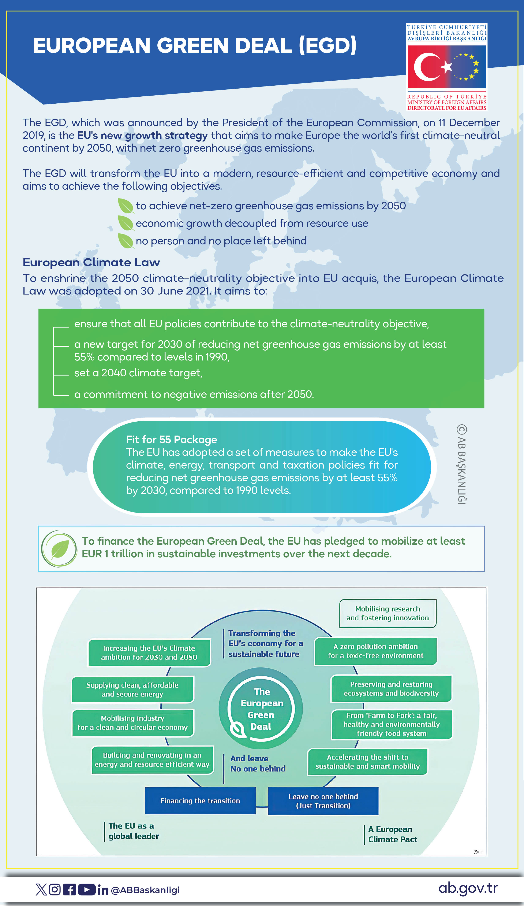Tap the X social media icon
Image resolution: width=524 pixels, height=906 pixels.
coord(41,890)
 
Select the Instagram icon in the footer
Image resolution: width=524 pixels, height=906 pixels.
coord(55,890)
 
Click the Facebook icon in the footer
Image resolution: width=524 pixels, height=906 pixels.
coord(69,890)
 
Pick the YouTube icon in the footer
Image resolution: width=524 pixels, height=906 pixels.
coord(86,890)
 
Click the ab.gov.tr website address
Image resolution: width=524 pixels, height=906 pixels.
coord(468,888)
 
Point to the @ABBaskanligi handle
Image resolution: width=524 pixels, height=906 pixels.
coord(145,890)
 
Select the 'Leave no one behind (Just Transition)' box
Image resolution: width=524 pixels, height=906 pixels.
coord(323,801)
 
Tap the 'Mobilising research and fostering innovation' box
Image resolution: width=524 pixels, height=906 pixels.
coord(388,613)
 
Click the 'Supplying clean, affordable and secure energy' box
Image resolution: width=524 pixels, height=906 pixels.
coord(133,689)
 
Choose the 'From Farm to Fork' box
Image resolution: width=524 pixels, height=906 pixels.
coord(391,724)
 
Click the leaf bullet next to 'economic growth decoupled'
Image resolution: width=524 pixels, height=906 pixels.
coord(126,223)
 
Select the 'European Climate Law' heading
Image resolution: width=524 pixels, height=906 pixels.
coord(91,262)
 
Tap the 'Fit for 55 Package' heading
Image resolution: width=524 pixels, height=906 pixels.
coord(171,439)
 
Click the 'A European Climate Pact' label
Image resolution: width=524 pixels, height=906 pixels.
coord(392,834)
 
